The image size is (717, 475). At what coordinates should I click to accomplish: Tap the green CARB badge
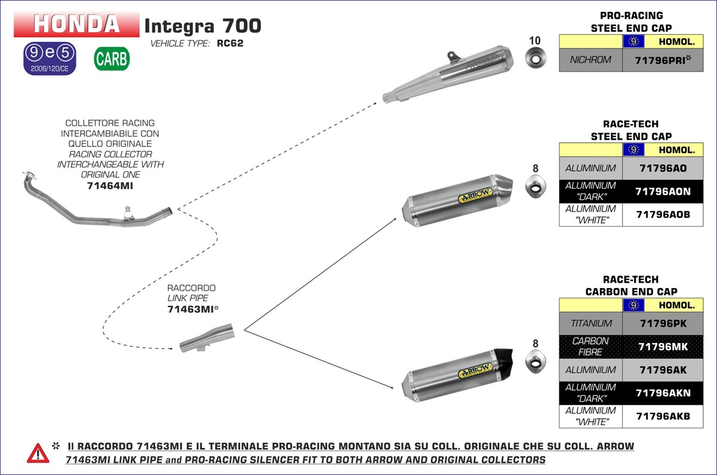[111, 59]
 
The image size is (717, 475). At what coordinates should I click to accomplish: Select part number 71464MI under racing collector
[110, 186]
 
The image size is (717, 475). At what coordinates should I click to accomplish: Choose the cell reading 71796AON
[663, 191]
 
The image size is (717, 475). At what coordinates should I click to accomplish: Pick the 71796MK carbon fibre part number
[663, 347]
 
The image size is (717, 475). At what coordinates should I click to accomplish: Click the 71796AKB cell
[663, 416]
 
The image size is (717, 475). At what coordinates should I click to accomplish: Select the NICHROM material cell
[590, 60]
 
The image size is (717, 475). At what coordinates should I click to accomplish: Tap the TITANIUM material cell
[590, 323]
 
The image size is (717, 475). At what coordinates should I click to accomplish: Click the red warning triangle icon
[38, 453]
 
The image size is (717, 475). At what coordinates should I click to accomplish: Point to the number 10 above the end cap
[535, 41]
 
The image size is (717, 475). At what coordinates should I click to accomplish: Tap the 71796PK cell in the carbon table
[663, 323]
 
